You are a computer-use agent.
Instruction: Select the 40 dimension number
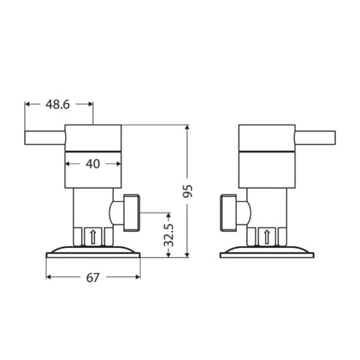[93, 164]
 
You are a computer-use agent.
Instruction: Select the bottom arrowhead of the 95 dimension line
[188, 252]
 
